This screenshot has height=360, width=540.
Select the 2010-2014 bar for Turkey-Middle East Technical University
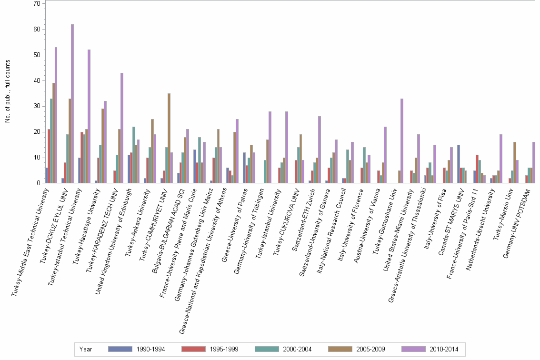[56, 115]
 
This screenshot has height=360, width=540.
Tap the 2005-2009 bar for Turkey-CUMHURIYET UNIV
[169, 138]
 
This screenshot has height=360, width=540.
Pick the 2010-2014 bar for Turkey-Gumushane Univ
[402, 141]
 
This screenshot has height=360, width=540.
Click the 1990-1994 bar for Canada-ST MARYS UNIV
[459, 164]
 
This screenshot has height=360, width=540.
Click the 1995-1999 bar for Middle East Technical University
[49, 156]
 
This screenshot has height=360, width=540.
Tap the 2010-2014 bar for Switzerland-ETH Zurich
[320, 150]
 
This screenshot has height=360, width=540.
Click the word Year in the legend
[86, 349]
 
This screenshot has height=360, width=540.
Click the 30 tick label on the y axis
[37, 106]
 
